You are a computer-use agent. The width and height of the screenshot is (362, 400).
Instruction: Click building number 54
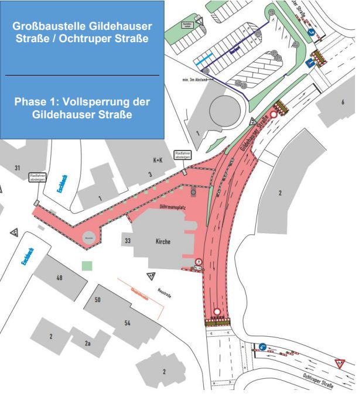pos(127,323)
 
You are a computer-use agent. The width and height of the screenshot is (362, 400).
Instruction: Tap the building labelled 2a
pos(88,343)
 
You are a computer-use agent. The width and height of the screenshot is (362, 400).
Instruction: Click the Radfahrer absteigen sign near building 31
pos(38,177)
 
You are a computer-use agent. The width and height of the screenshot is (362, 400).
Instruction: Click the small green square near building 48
pos(87,266)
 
